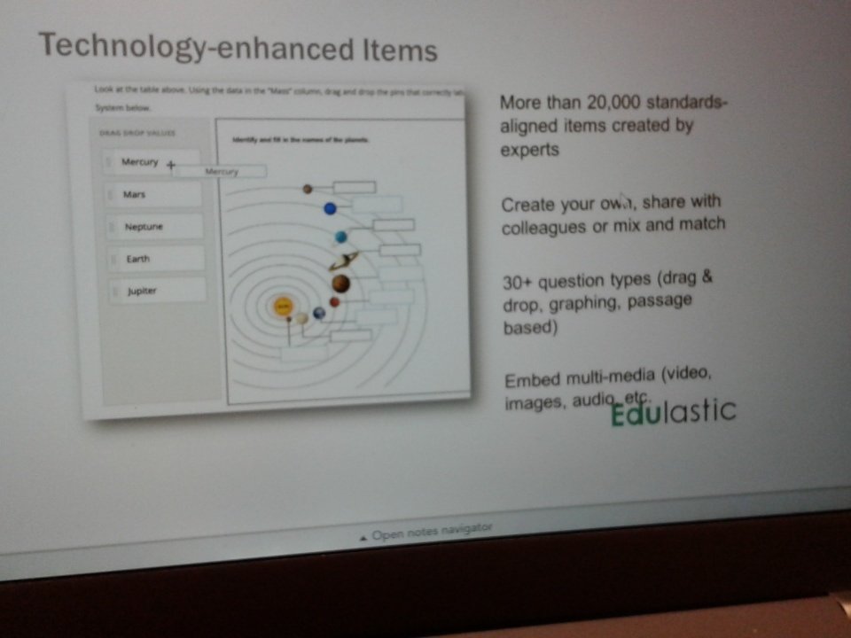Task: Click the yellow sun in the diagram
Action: click(283, 307)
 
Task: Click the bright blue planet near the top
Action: click(330, 209)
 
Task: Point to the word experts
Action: click(529, 150)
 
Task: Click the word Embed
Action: click(532, 381)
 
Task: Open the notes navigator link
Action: click(425, 533)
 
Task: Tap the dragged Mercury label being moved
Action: click(221, 171)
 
